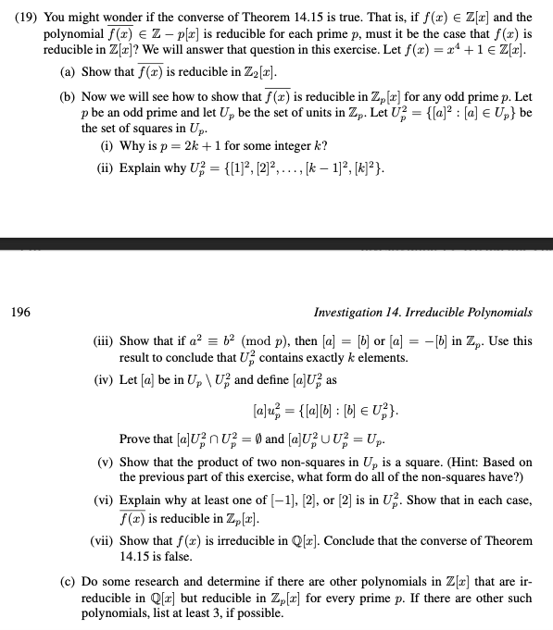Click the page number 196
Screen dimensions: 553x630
point(18,314)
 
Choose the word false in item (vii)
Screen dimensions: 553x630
point(182,555)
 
